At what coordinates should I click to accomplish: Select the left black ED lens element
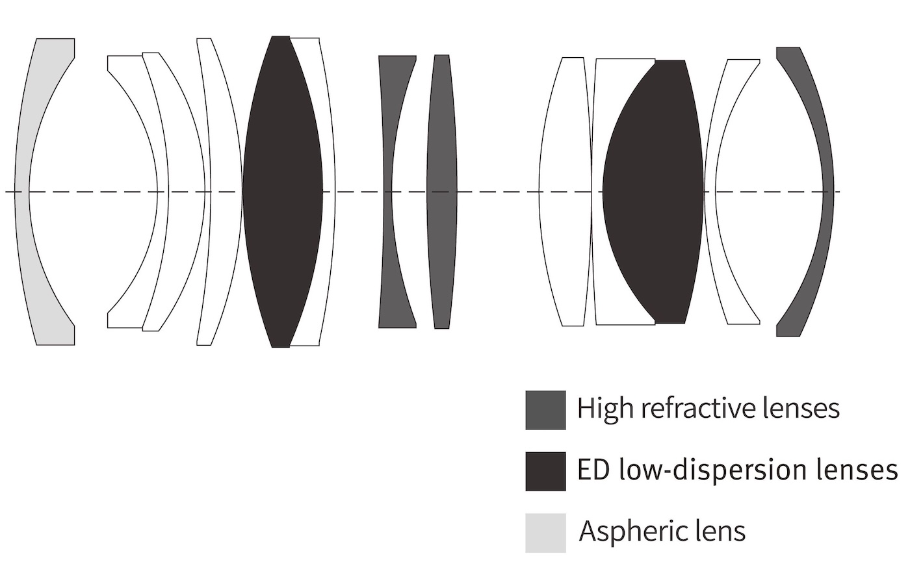[x=283, y=192]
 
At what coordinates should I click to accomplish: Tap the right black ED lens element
[x=653, y=192]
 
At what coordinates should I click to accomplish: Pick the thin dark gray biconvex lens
[x=442, y=192]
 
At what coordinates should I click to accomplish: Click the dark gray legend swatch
[x=545, y=410]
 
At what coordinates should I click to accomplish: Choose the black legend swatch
[x=545, y=471]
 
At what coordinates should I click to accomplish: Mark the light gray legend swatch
[x=545, y=533]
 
